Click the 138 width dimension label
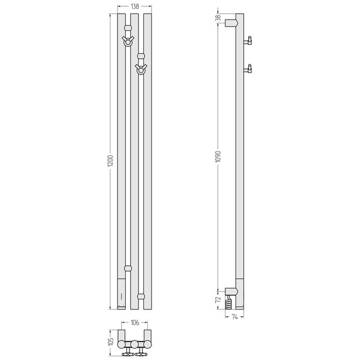click(135, 6)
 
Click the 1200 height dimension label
click(111, 161)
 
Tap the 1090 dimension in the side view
click(218, 157)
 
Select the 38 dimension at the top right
click(218, 18)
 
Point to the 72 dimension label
click(218, 299)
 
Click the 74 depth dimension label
click(234, 317)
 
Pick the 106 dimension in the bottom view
click(135, 323)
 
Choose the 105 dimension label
click(111, 342)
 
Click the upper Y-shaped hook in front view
click(128, 41)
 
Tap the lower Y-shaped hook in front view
click(141, 69)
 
